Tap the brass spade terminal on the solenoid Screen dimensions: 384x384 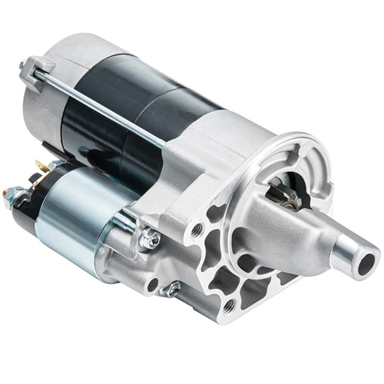[x=38, y=167]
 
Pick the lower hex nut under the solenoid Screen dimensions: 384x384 [x=172, y=290]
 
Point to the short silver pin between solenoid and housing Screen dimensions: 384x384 [x=124, y=222]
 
